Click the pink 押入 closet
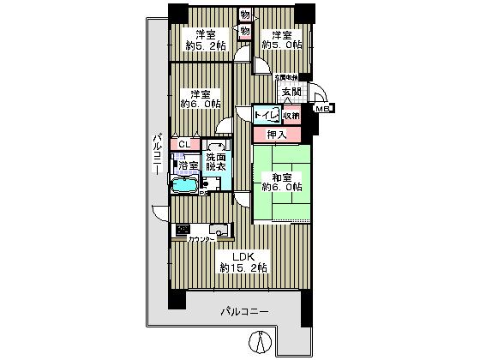pos(276,134)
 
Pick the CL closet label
pos(184,144)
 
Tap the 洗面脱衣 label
pos(215,162)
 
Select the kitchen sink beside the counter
pos(218,229)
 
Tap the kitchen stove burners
pos(183,229)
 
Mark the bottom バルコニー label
pos(244,310)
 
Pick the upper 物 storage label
pos(245,15)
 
